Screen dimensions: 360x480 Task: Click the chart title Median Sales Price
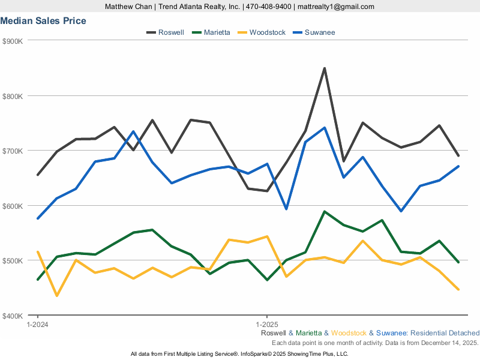coord(43,21)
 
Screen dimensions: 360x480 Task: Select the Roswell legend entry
coord(170,32)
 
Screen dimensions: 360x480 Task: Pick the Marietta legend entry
coord(216,32)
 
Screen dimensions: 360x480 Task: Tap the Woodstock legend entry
coord(267,32)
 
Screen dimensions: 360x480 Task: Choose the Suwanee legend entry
coord(319,32)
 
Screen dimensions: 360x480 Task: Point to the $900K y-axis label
coord(13,41)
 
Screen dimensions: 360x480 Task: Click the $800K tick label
coord(13,96)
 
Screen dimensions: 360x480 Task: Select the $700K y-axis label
coord(13,151)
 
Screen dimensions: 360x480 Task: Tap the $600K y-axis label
coord(13,206)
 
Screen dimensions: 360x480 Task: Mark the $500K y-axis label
coord(13,260)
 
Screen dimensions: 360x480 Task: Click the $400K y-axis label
coord(13,316)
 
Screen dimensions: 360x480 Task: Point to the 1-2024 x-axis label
coord(38,324)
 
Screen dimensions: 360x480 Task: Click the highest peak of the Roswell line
coord(325,68)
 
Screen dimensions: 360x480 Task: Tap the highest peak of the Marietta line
coord(325,211)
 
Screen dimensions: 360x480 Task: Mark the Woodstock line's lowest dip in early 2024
coord(57,296)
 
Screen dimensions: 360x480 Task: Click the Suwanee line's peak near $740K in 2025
coord(325,127)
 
